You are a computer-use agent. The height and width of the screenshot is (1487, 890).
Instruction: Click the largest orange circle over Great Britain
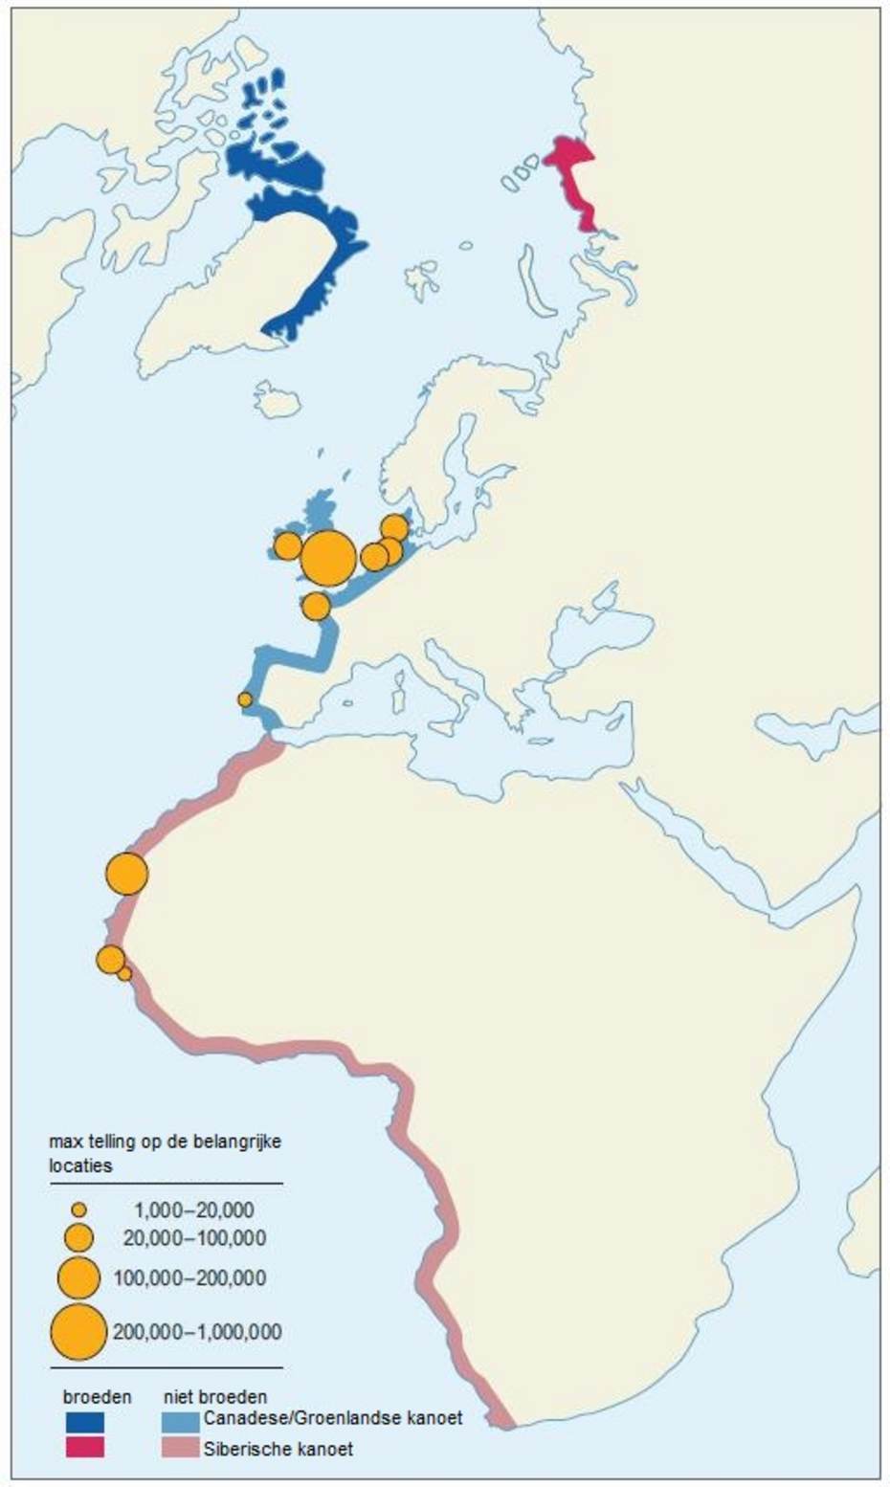[x=328, y=557]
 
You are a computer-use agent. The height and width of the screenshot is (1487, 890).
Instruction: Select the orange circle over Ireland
[x=287, y=545]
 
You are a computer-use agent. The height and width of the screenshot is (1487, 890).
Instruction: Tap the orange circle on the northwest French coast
[x=316, y=606]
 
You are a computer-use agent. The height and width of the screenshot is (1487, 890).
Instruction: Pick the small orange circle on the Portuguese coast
[x=245, y=699]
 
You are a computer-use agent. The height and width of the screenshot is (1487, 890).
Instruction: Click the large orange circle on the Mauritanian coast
[x=126, y=874]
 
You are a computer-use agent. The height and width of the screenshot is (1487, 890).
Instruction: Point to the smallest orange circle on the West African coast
[x=124, y=973]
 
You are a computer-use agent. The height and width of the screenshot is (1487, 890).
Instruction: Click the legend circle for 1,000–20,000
[x=78, y=1210]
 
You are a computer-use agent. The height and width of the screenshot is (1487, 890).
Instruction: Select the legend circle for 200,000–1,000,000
[x=78, y=1331]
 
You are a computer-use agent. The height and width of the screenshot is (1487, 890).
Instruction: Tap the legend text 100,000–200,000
[x=189, y=1277]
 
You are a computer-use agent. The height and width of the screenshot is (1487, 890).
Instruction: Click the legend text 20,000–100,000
[x=194, y=1238]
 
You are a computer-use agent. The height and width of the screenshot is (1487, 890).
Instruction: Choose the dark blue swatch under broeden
[x=84, y=1422]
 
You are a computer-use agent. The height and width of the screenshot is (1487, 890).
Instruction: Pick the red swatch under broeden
[x=84, y=1447]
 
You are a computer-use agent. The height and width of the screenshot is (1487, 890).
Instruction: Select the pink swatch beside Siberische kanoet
[x=181, y=1447]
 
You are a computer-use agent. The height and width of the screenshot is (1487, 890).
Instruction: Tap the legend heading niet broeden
[x=215, y=1397]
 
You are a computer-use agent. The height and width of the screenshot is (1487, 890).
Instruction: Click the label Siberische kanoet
[x=278, y=1449]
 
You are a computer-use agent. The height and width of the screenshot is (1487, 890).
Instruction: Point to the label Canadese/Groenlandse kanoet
[x=332, y=1417]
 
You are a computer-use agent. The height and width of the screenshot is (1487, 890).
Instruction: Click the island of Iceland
[x=278, y=400]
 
